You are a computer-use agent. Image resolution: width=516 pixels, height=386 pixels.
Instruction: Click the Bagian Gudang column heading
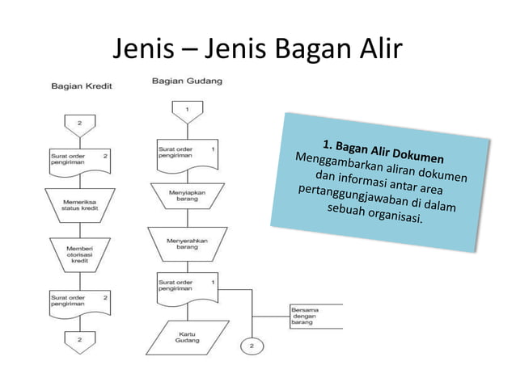[x=187, y=81]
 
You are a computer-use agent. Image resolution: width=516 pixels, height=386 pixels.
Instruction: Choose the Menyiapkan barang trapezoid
[x=187, y=194]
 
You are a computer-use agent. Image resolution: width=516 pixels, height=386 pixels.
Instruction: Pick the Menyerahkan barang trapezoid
[x=187, y=243]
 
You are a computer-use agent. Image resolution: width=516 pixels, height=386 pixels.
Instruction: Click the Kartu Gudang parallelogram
[x=187, y=338]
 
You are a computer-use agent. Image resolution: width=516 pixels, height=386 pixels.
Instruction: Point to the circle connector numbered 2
[x=251, y=346]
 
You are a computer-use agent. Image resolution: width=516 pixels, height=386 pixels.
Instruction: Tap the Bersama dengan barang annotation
[x=306, y=316]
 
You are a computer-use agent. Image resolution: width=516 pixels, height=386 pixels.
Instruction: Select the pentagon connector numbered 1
[x=187, y=109]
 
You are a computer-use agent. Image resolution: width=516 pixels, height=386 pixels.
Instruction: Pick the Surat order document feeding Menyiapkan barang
[x=187, y=153]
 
